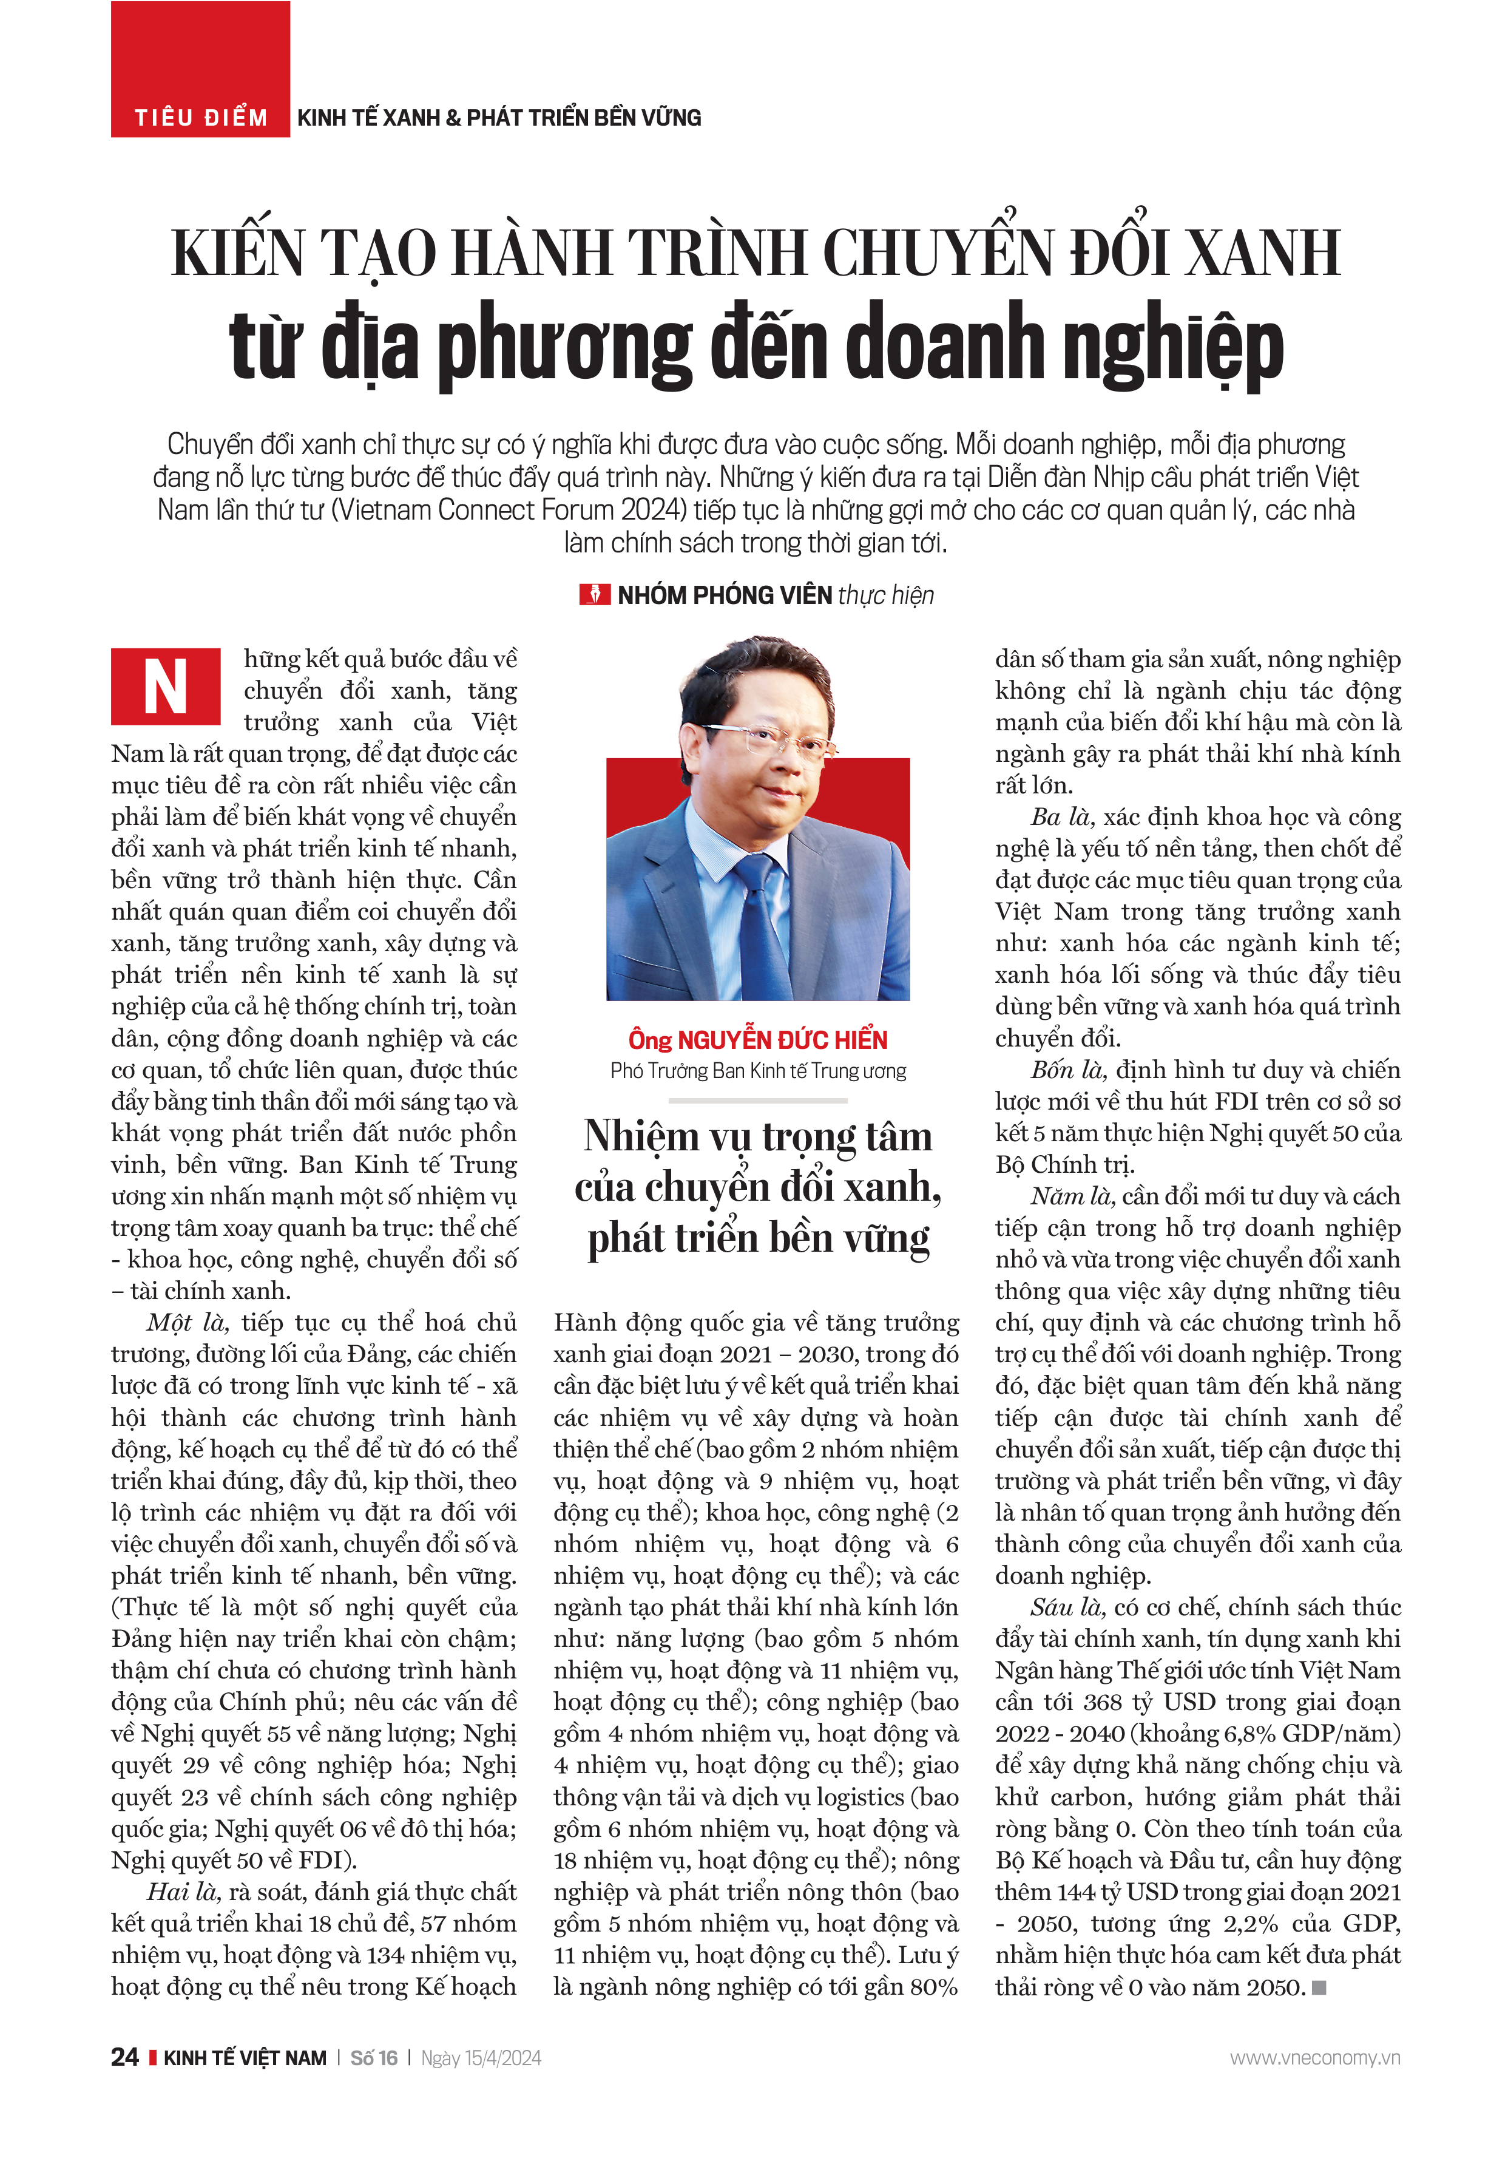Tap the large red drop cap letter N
pos(165,687)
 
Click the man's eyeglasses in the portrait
pos(776,743)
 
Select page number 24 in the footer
pos(124,2057)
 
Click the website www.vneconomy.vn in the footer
pos(1314,2057)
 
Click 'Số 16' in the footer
pos(374,2057)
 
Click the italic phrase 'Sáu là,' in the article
pos(1068,1607)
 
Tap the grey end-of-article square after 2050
pos(1319,1987)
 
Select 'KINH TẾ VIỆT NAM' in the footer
pos(245,2057)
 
